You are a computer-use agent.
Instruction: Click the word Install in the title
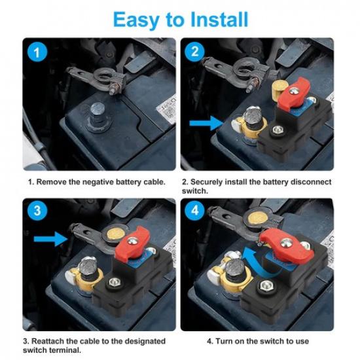(211, 19)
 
